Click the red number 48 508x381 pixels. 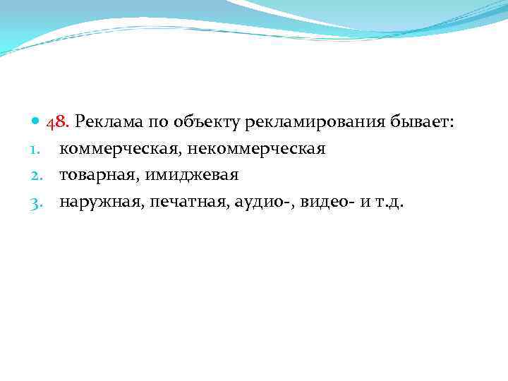coord(57,123)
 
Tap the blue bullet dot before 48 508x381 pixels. coord(37,123)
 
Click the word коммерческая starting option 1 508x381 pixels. coord(121,150)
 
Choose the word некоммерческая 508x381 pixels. coord(256,150)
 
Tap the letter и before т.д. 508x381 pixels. coord(364,202)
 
